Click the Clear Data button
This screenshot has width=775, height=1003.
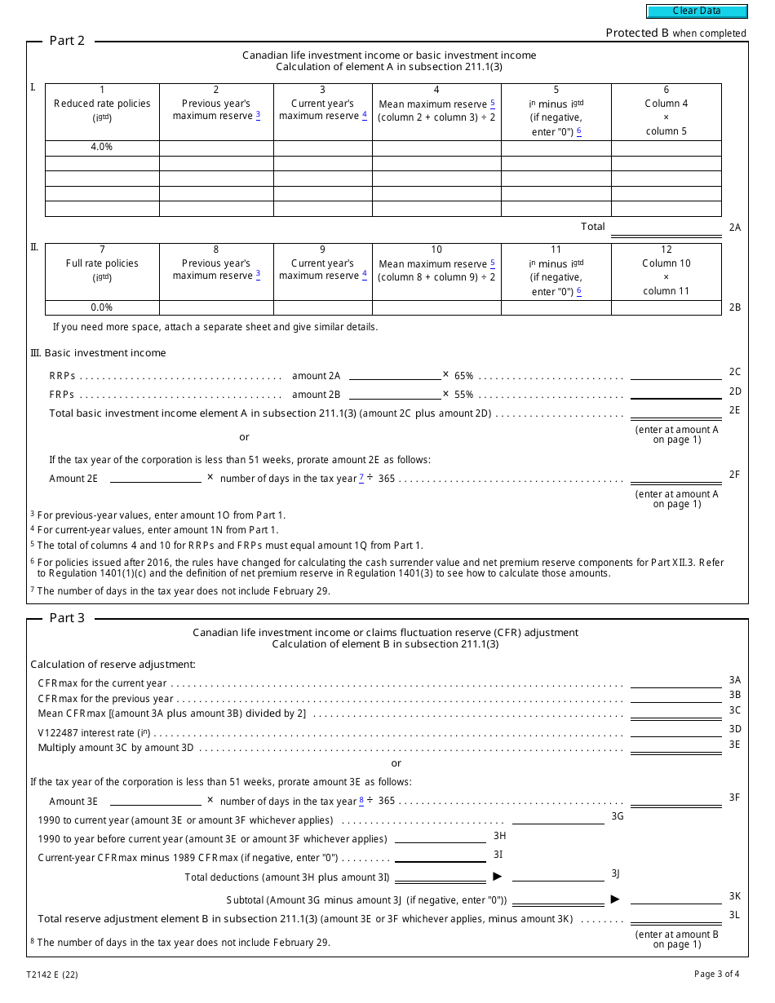point(697,11)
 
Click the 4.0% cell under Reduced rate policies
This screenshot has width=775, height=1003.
point(102,148)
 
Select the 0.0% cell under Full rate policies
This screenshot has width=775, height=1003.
point(102,307)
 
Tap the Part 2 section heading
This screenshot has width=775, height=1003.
point(67,41)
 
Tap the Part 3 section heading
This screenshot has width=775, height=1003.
point(67,618)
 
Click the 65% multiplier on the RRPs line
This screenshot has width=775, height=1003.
point(463,376)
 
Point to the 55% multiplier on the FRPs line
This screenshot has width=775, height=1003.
point(463,395)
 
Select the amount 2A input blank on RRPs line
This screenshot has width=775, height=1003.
point(394,375)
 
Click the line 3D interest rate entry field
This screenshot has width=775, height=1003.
point(675,731)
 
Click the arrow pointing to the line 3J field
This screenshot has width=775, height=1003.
point(497,877)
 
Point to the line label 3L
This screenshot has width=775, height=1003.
point(734,915)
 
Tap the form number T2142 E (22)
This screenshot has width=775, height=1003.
point(52,974)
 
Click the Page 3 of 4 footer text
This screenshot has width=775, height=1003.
point(717,974)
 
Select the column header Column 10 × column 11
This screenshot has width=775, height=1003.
point(666,277)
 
